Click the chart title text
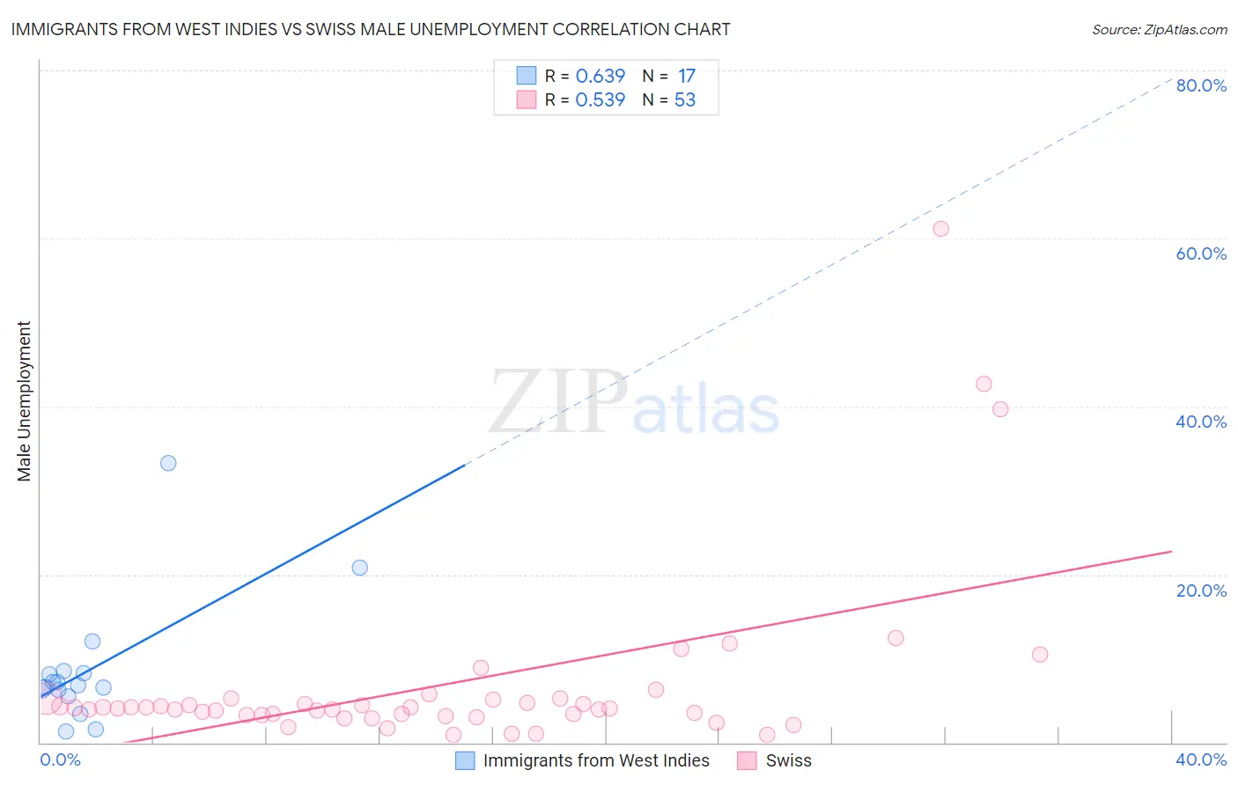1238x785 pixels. click(371, 29)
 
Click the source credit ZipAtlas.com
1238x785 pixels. click(1159, 29)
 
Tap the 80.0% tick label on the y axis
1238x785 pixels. click(1201, 85)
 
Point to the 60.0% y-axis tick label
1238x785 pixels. click(1201, 253)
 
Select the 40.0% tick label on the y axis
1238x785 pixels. click(1201, 422)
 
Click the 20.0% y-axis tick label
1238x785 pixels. click(1201, 591)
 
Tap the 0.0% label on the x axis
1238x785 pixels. click(60, 759)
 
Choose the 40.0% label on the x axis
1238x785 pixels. click(1201, 759)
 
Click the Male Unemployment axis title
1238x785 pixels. click(24, 401)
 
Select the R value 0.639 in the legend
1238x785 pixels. click(600, 77)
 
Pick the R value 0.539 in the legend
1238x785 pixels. click(600, 100)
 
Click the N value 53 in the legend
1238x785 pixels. click(685, 100)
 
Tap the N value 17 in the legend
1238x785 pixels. click(687, 77)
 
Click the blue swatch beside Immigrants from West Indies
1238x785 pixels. click(465, 760)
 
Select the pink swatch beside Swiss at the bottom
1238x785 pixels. click(747, 760)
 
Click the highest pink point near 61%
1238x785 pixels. click(940, 229)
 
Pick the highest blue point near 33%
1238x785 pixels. click(168, 463)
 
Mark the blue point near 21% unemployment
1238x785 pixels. click(359, 568)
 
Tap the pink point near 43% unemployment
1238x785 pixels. click(984, 384)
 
